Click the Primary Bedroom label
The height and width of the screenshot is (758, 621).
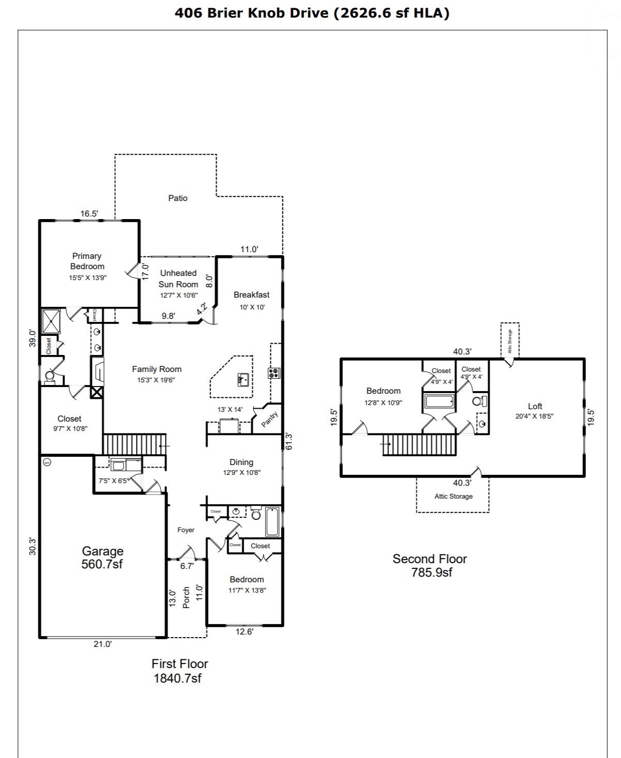pos(87,261)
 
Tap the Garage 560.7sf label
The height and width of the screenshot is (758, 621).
pos(102,558)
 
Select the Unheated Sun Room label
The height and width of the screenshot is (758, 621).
pos(178,279)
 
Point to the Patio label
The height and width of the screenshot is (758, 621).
pos(177,198)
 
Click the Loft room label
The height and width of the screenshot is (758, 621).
pos(535,406)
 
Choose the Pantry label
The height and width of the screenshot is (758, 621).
pos(269,419)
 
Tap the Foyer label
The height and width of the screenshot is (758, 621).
pos(186,530)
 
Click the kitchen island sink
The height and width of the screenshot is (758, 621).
pos(243,380)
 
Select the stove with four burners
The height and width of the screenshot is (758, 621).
pos(274,372)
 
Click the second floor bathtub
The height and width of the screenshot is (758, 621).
pos(439,401)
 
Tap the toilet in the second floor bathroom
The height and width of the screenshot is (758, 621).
pos(479,401)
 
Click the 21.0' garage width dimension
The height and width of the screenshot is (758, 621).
pos(102,644)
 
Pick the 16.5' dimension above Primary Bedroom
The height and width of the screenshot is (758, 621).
pos(89,213)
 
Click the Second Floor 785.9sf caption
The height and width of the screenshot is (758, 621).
pos(430,565)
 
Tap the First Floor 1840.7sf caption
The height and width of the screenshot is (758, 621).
pos(179,671)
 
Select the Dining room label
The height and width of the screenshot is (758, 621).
pos(241,462)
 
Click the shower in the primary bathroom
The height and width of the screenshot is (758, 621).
pos(51,321)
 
